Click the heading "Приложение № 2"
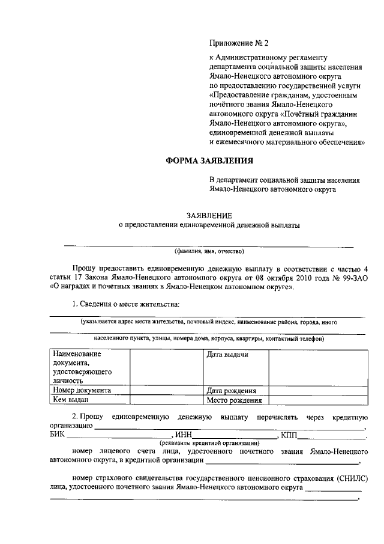pyautogui.click(x=239, y=43)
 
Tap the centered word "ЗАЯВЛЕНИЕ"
pyautogui.click(x=209, y=215)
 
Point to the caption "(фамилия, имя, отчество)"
pyautogui.click(x=209, y=251)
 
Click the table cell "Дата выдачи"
pyautogui.click(x=227, y=355)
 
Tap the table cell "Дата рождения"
pyautogui.click(x=232, y=390)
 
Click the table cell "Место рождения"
pyautogui.click(x=234, y=400)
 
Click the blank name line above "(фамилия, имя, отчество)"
pyautogui.click(x=209, y=245)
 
